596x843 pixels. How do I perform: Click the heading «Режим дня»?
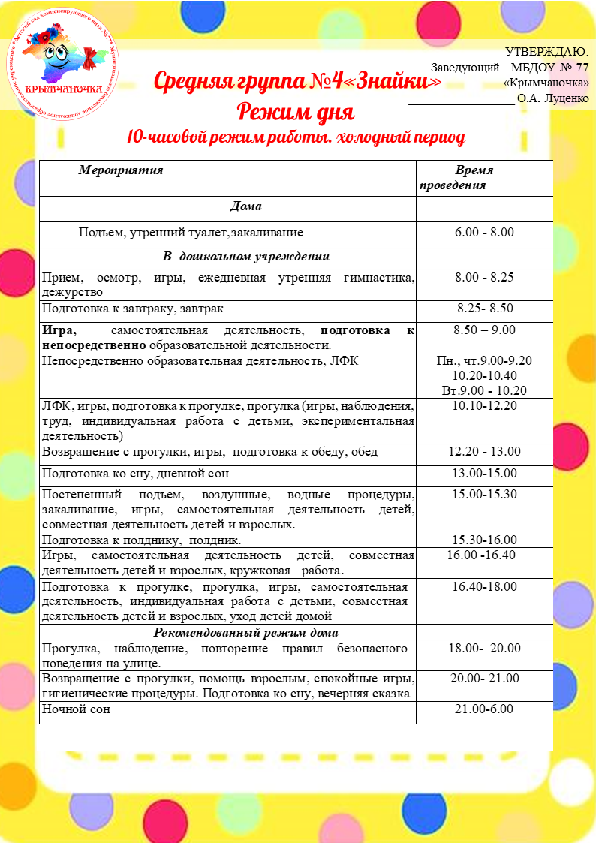296,113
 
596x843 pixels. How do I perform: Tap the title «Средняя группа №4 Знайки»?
297,80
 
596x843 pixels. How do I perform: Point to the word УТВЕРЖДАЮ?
547,52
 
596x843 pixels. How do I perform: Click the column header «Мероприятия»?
121,170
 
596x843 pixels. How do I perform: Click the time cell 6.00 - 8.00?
484,233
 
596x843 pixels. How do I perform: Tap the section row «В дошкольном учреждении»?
246,256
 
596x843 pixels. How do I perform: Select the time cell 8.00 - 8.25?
484,278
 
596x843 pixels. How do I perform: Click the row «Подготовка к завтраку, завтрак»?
133,309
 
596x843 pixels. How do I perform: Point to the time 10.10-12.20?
484,406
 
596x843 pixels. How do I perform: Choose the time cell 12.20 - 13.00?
484,452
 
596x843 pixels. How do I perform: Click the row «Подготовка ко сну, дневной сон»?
124,473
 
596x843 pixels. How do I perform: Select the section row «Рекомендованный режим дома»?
246,631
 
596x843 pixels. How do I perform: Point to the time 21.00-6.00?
484,709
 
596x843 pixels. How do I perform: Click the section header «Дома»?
245,206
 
